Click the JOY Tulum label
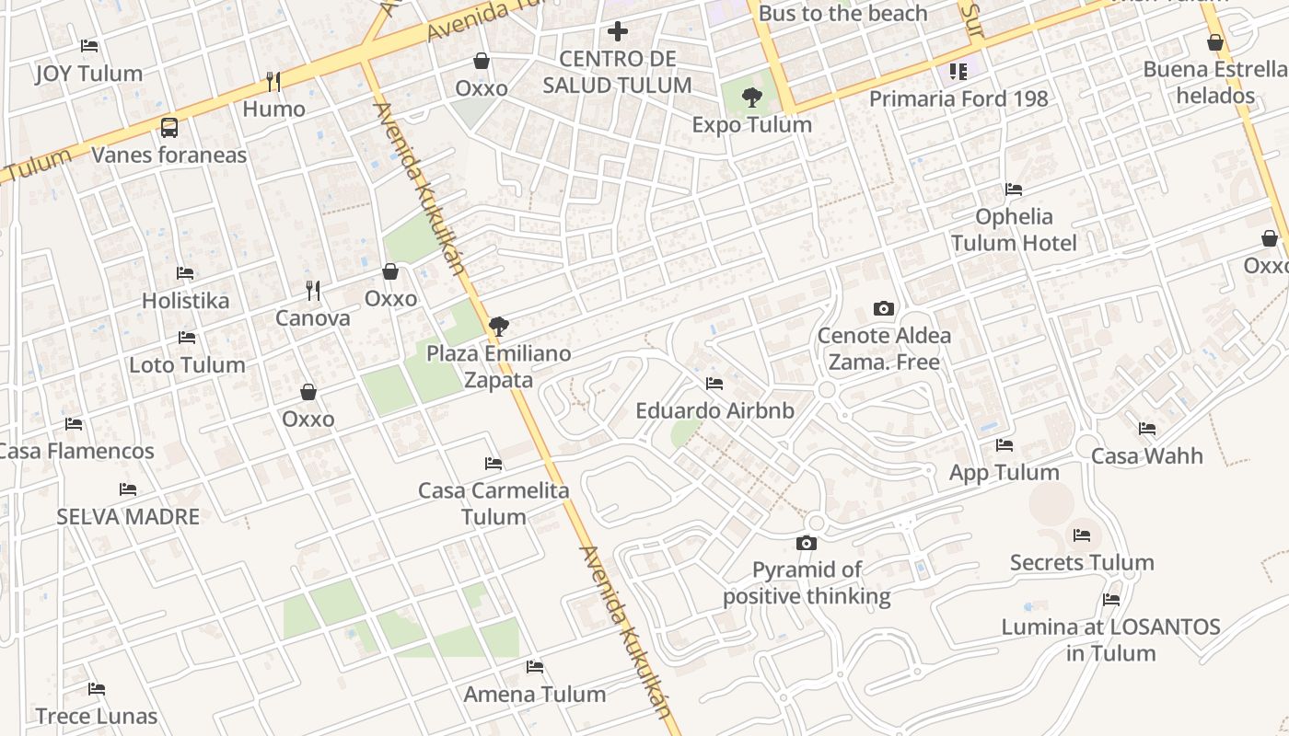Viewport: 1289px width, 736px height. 89,74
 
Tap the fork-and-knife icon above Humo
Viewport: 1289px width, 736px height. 273,81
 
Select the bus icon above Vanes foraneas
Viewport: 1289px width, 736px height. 169,127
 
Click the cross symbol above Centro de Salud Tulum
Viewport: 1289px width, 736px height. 617,32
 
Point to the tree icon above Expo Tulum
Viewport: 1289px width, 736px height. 752,97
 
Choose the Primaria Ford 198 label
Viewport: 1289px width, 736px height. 958,98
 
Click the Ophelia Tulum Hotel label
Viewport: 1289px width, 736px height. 1014,230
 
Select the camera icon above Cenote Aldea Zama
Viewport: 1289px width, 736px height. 884,308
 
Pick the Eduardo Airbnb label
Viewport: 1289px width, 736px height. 714,410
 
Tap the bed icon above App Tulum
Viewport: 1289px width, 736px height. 1004,445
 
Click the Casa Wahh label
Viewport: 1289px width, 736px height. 1147,455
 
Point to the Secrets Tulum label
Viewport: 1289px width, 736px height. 1082,562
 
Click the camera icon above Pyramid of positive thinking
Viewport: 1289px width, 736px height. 807,543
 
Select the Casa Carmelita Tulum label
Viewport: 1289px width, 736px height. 494,503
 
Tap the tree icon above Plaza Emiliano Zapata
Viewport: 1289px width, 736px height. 499,326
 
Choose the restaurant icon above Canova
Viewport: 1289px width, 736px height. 313,291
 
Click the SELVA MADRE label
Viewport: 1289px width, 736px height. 128,516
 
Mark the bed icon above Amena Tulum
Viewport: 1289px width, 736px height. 535,666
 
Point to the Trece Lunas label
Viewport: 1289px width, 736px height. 97,716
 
